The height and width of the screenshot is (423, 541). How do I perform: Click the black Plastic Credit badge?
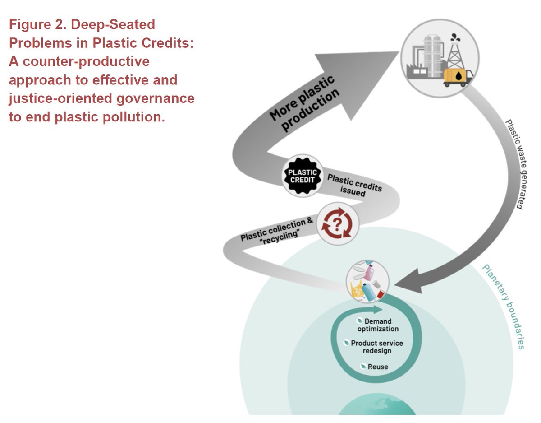(x=302, y=176)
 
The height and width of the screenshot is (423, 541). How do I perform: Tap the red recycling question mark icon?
(x=337, y=223)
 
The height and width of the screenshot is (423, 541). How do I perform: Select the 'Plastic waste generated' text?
(x=517, y=164)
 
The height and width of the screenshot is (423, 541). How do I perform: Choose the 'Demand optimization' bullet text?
(x=378, y=325)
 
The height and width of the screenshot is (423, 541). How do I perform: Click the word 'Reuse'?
(x=378, y=367)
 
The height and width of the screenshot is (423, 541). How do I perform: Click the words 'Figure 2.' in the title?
(x=37, y=24)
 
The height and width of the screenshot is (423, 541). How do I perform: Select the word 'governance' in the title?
(x=156, y=98)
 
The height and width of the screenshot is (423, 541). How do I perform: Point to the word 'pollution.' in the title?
(x=134, y=116)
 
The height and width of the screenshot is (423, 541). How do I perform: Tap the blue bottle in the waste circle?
(x=368, y=292)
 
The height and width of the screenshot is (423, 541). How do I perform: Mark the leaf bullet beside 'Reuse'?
(x=363, y=366)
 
